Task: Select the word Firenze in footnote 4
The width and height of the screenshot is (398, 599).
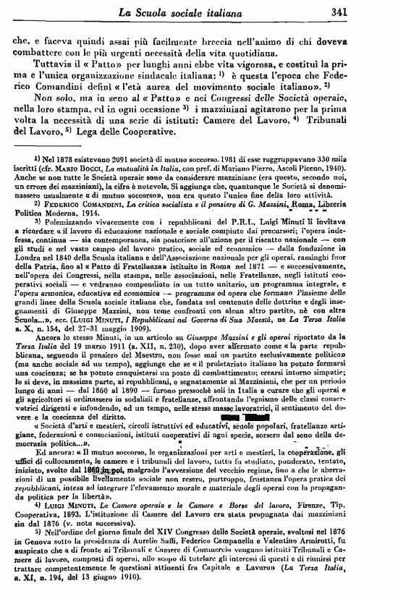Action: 329,501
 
